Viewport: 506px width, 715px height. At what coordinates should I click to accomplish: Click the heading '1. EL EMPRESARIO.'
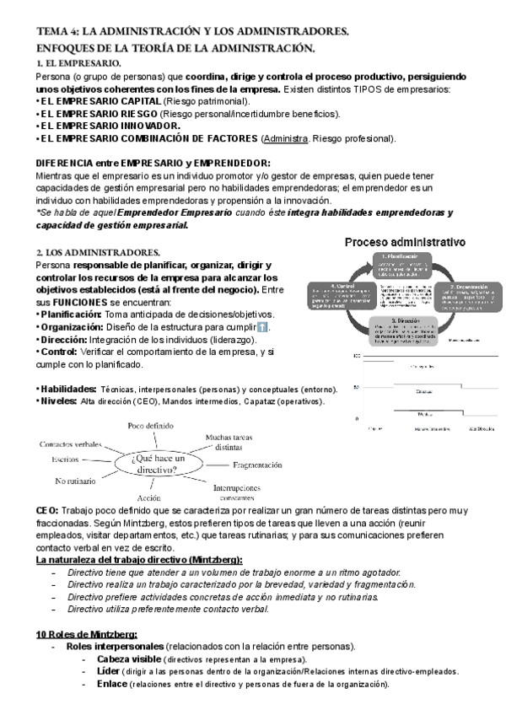tap(78, 63)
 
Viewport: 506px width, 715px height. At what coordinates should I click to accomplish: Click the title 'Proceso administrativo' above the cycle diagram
tap(405, 241)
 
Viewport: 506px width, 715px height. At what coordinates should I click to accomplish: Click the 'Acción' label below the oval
tap(148, 498)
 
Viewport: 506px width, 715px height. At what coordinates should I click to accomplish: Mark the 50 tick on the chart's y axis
tap(357, 387)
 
